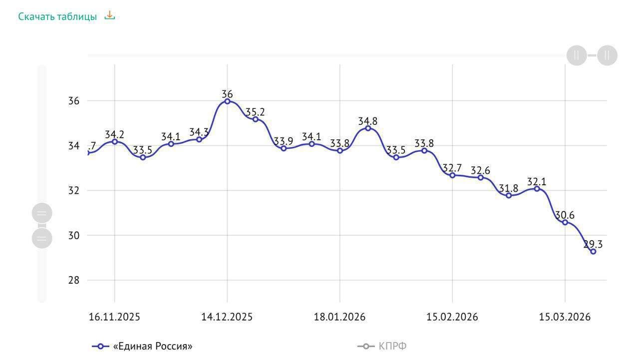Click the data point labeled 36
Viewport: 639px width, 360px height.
tap(227, 101)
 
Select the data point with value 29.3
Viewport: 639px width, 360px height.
tap(593, 252)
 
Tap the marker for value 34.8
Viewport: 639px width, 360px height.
tap(368, 128)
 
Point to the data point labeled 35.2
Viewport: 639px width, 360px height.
tap(256, 119)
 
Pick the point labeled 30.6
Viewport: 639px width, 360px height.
tap(565, 223)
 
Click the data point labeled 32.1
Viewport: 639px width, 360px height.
tap(537, 189)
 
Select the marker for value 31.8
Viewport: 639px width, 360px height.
tap(509, 195)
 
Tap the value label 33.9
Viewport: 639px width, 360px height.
tap(283, 141)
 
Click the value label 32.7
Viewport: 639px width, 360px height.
tap(452, 168)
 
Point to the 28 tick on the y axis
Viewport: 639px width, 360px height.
tap(73, 280)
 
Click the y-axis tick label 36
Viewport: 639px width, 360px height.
tap(73, 101)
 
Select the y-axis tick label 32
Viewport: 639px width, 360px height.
tap(73, 190)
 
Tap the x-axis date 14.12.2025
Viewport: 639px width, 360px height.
tap(227, 317)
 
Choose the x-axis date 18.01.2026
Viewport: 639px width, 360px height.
tap(339, 317)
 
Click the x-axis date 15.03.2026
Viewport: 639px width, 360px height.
tap(565, 317)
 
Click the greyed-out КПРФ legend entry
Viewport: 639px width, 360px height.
tap(382, 347)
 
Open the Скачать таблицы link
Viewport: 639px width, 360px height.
tap(57, 16)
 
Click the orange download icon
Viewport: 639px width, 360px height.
tap(109, 15)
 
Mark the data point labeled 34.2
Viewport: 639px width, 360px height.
tap(115, 142)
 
